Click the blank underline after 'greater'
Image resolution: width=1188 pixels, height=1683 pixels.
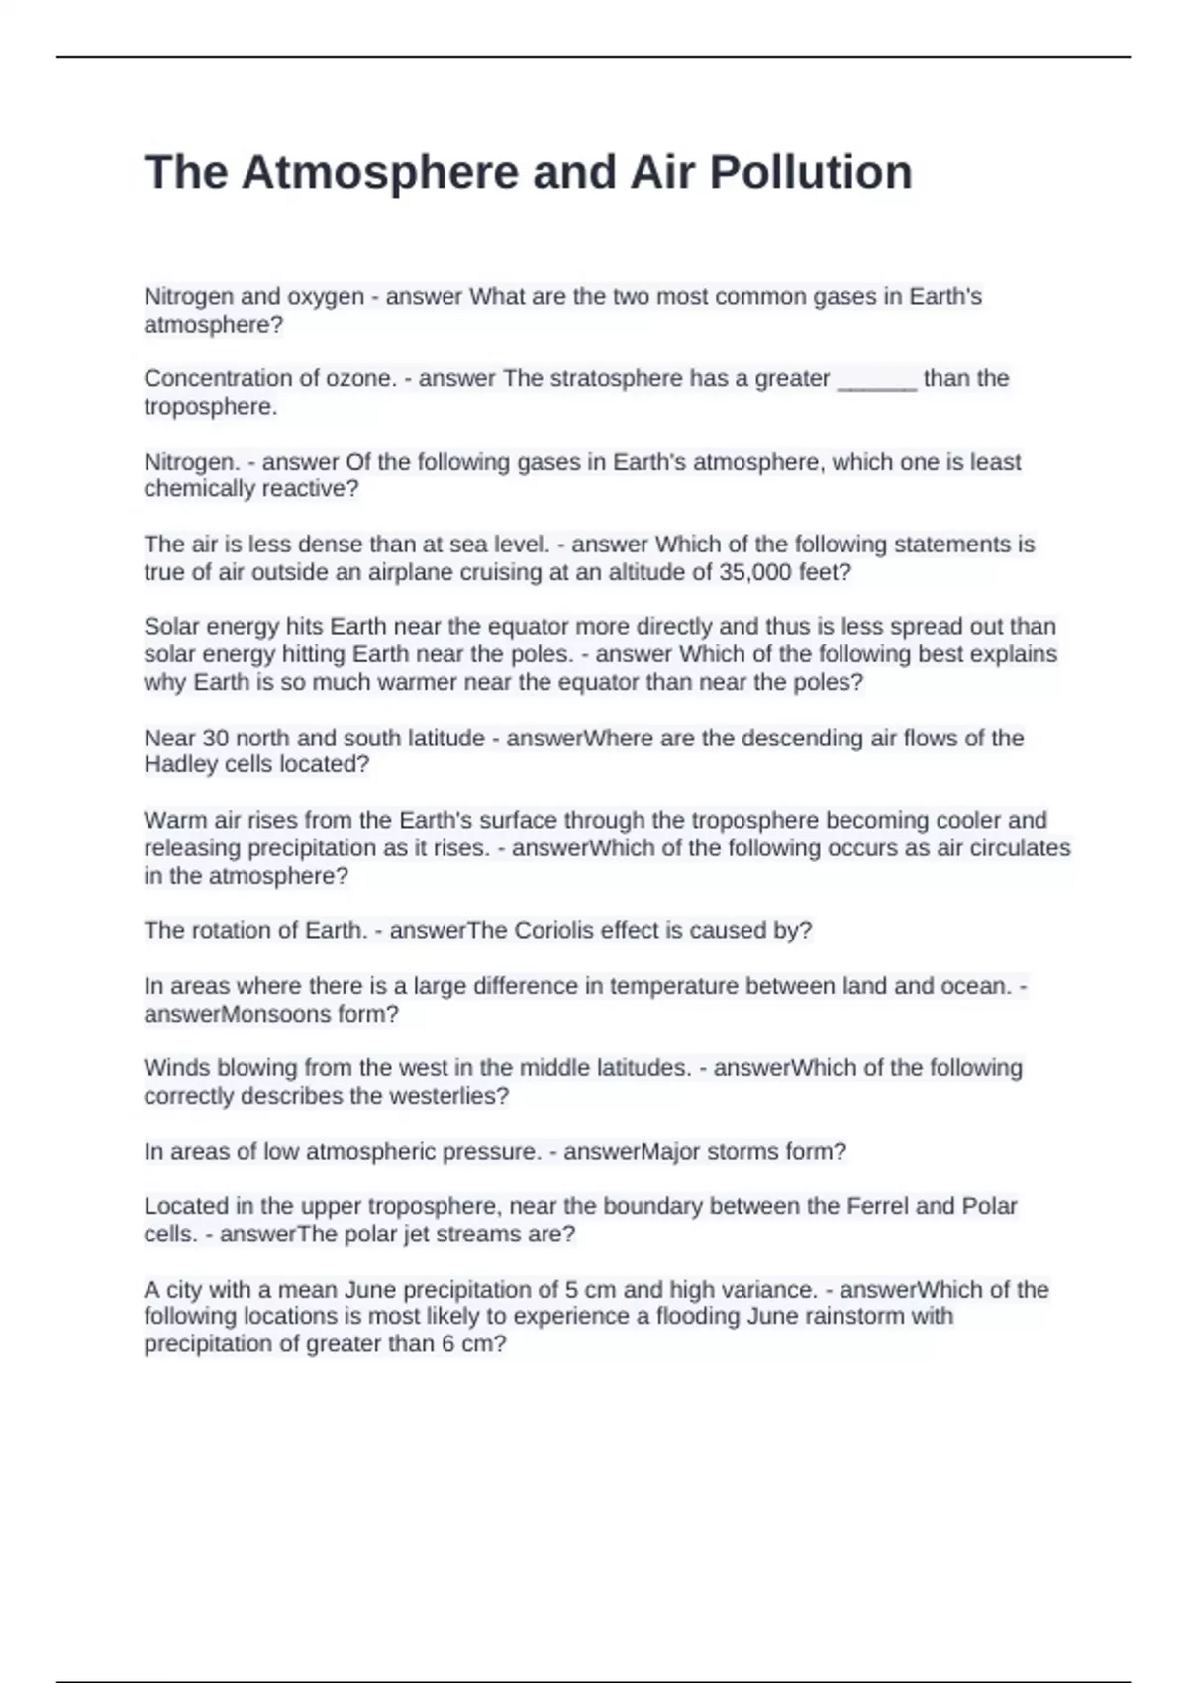(877, 380)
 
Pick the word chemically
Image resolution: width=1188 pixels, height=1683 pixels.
(197, 489)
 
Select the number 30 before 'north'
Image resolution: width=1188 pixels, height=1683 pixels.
(216, 739)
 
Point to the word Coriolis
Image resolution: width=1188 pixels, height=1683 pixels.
(561, 931)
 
